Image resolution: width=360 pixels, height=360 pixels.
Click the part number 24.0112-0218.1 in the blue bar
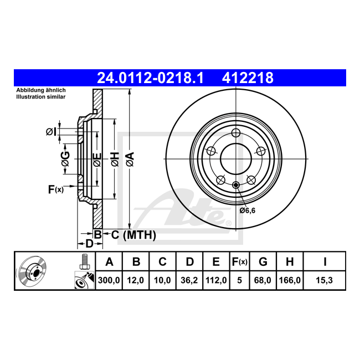(151, 78)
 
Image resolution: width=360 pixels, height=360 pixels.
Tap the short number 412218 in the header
(248, 78)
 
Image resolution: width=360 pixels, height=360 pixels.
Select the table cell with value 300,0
(109, 280)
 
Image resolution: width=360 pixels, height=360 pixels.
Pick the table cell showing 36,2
(189, 280)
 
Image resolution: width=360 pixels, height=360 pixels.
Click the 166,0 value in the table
(290, 280)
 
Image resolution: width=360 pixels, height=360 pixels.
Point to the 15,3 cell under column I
(324, 280)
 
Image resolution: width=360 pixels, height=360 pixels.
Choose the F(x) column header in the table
(239, 262)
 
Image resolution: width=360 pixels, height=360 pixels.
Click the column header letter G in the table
(263, 262)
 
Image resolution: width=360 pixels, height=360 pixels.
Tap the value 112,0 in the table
(216, 280)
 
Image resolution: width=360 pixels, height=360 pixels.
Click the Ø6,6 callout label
(247, 210)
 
